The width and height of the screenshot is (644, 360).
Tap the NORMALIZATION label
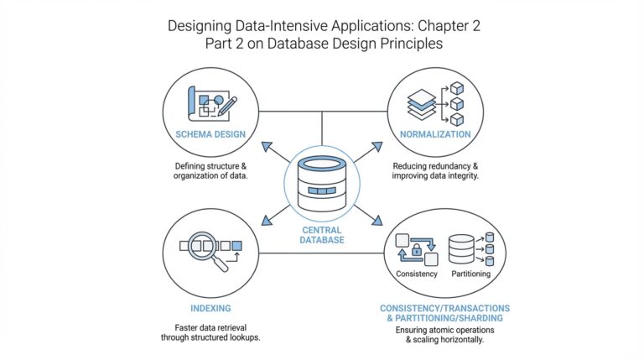point(434,134)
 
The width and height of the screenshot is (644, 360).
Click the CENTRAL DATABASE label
point(322,233)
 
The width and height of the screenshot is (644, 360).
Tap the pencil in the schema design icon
point(226,106)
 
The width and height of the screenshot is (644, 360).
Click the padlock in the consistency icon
point(416,249)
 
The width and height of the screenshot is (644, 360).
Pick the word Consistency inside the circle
point(417,274)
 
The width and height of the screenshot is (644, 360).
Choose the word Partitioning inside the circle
point(470,274)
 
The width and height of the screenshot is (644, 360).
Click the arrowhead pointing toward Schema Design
point(267,148)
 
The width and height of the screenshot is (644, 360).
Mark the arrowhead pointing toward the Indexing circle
point(267,221)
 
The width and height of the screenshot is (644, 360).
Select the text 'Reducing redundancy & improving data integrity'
point(434,171)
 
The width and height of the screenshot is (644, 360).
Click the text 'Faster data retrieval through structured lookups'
point(209,331)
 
